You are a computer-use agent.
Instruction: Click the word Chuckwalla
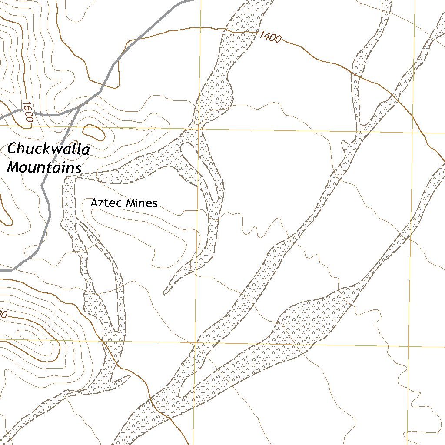pos(49,150)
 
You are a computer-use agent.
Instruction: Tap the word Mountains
pos(45,167)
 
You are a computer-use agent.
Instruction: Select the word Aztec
pos(106,203)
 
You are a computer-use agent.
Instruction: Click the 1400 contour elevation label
pos(270,37)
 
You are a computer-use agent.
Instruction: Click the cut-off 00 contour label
pos(3,314)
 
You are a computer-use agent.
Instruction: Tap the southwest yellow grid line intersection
pos(196,342)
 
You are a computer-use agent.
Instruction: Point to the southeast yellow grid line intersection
pos(410,346)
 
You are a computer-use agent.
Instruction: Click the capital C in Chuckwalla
pos(13,149)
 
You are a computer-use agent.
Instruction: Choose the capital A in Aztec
pos(94,203)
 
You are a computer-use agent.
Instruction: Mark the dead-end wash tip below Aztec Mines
pos(166,292)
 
